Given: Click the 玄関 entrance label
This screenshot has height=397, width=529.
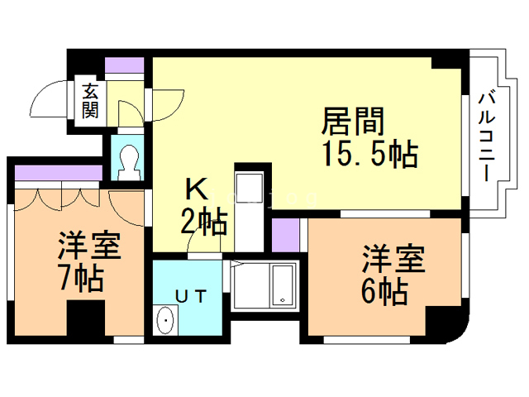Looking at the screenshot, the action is coord(90,101).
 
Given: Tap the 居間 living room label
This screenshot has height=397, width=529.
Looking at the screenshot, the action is coord(353,122).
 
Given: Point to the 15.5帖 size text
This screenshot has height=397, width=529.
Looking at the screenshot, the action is coord(371,155).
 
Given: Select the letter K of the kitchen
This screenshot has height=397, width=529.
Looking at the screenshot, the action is coord(197,190).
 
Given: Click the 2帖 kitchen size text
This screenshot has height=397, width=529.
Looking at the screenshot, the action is coord(203,222).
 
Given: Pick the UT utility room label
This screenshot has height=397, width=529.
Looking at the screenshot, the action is coord(191,297).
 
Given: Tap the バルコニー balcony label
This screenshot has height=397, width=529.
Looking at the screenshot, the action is coord(487,138).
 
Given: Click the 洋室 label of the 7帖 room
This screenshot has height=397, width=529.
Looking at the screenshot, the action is coord(89,246).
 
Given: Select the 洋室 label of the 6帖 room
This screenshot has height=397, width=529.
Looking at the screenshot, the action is coord(393,259).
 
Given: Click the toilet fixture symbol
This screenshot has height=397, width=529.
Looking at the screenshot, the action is coord(129,163).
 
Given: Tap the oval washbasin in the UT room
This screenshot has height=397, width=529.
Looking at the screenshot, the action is coord(165,320).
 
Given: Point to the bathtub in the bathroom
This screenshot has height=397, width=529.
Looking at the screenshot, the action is coord(283,286).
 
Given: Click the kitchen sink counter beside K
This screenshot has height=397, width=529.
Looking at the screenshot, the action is coord(250,212).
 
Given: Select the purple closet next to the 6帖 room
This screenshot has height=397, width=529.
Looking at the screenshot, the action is coord(285,235).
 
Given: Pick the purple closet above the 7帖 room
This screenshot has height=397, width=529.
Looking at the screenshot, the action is coord(59,173).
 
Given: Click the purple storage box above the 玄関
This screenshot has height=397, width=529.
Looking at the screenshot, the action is coord(125,65).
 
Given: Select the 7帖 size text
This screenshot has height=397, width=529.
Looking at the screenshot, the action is coord(81,279).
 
